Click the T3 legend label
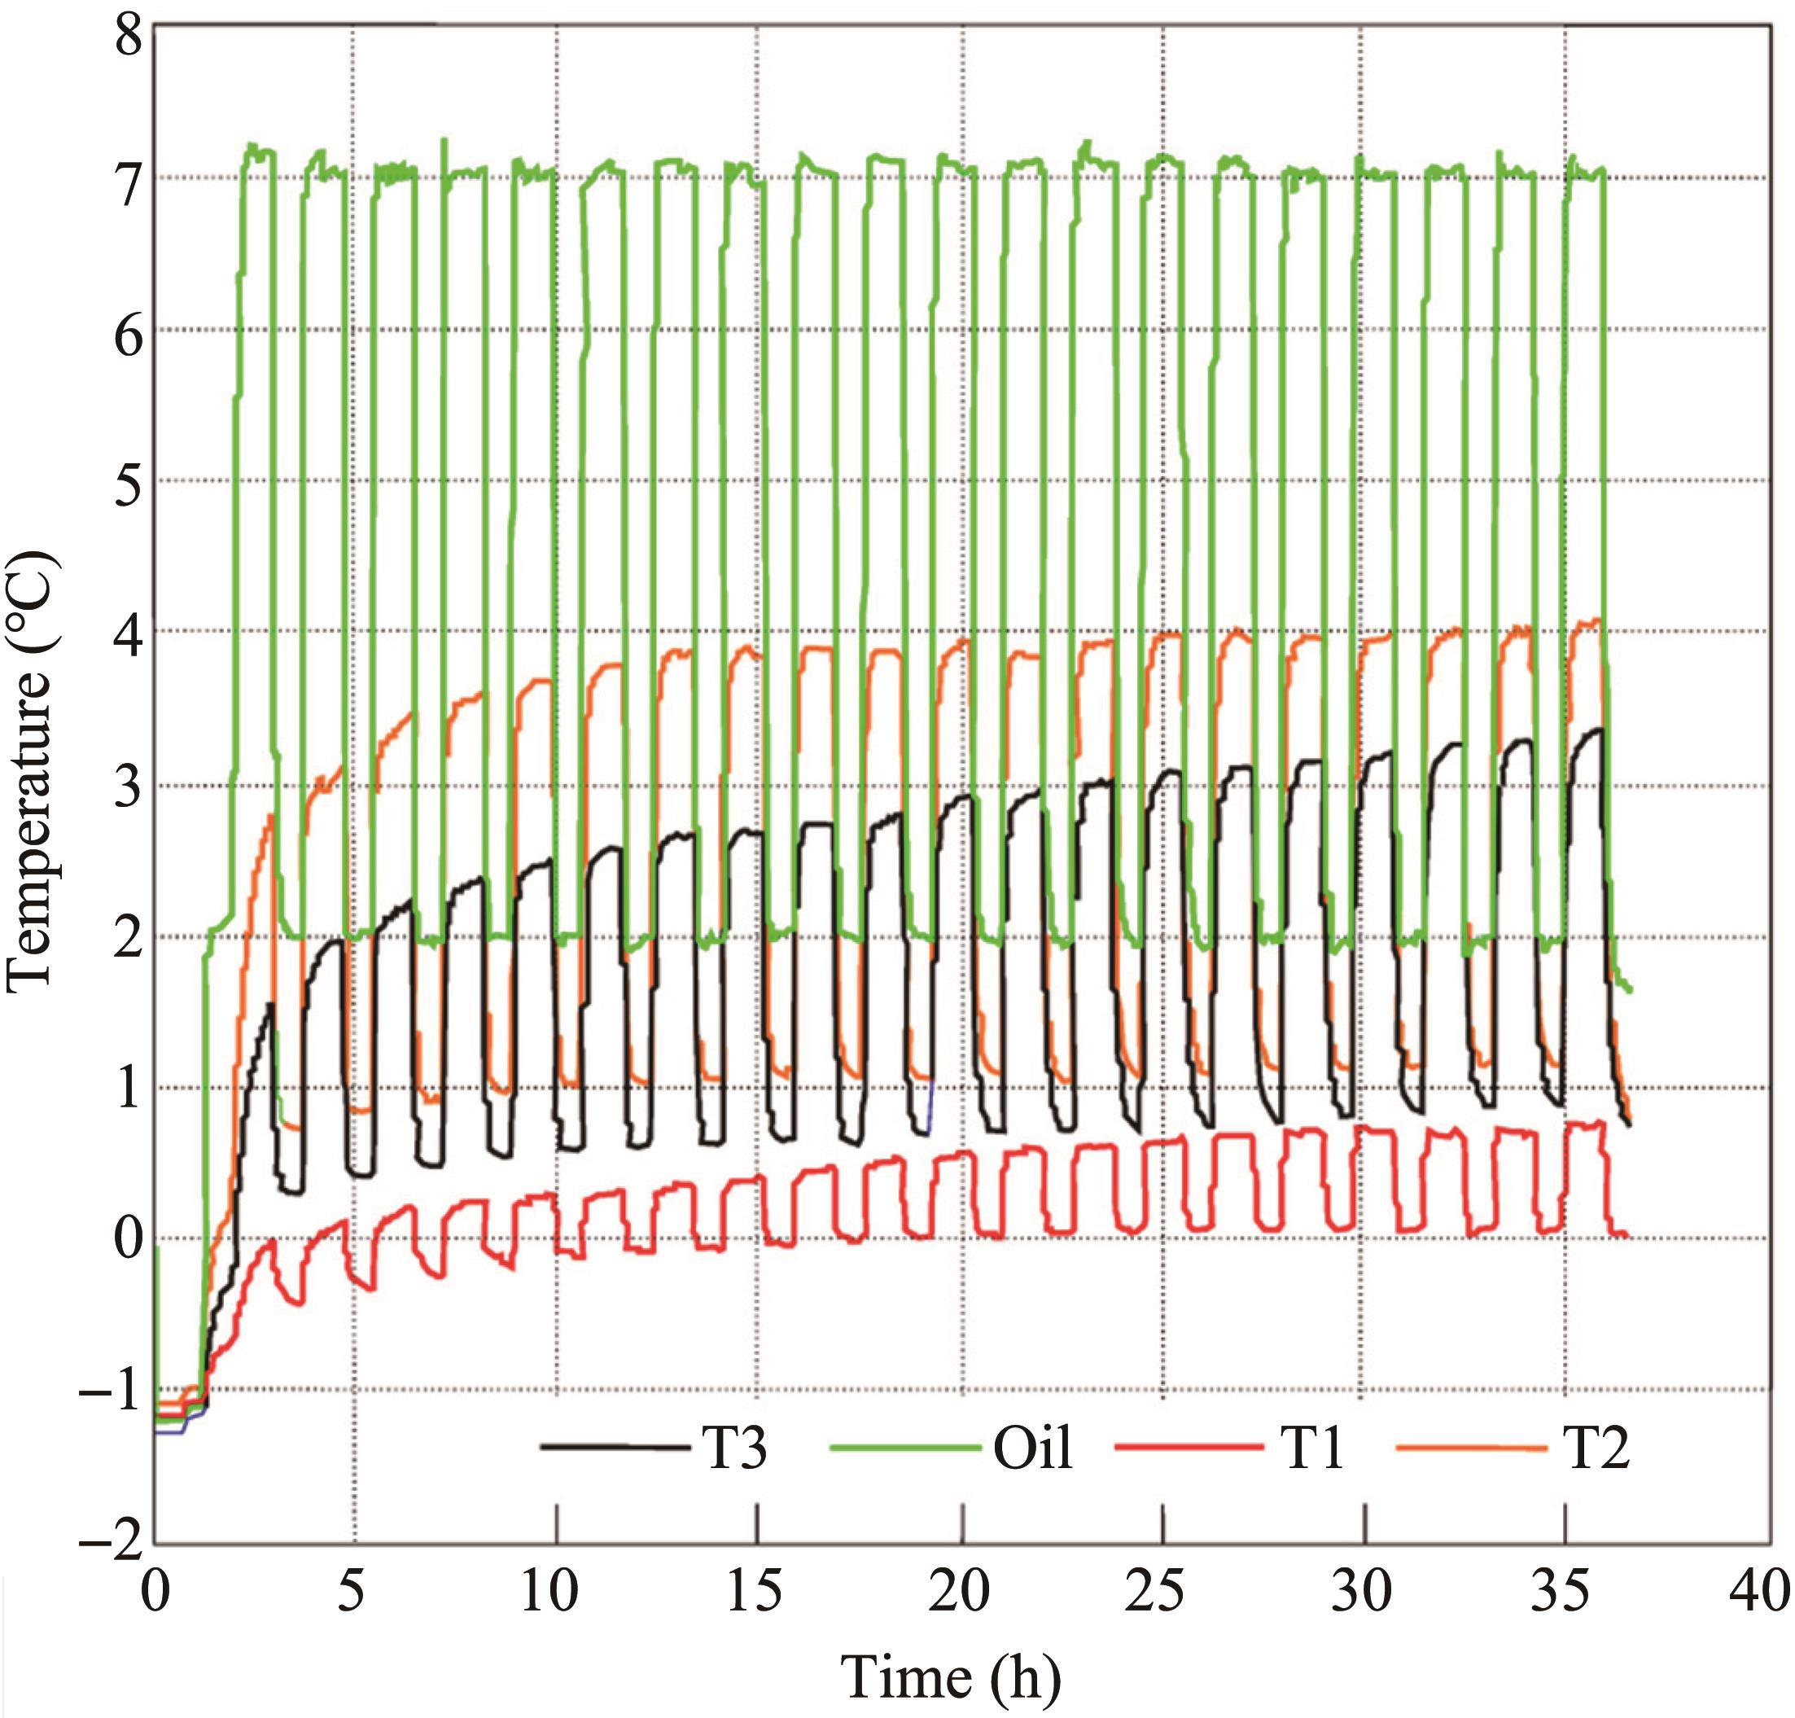734,1448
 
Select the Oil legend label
1033,1448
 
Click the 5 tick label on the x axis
351,1592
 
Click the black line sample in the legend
615,1447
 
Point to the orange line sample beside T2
1471,1447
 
